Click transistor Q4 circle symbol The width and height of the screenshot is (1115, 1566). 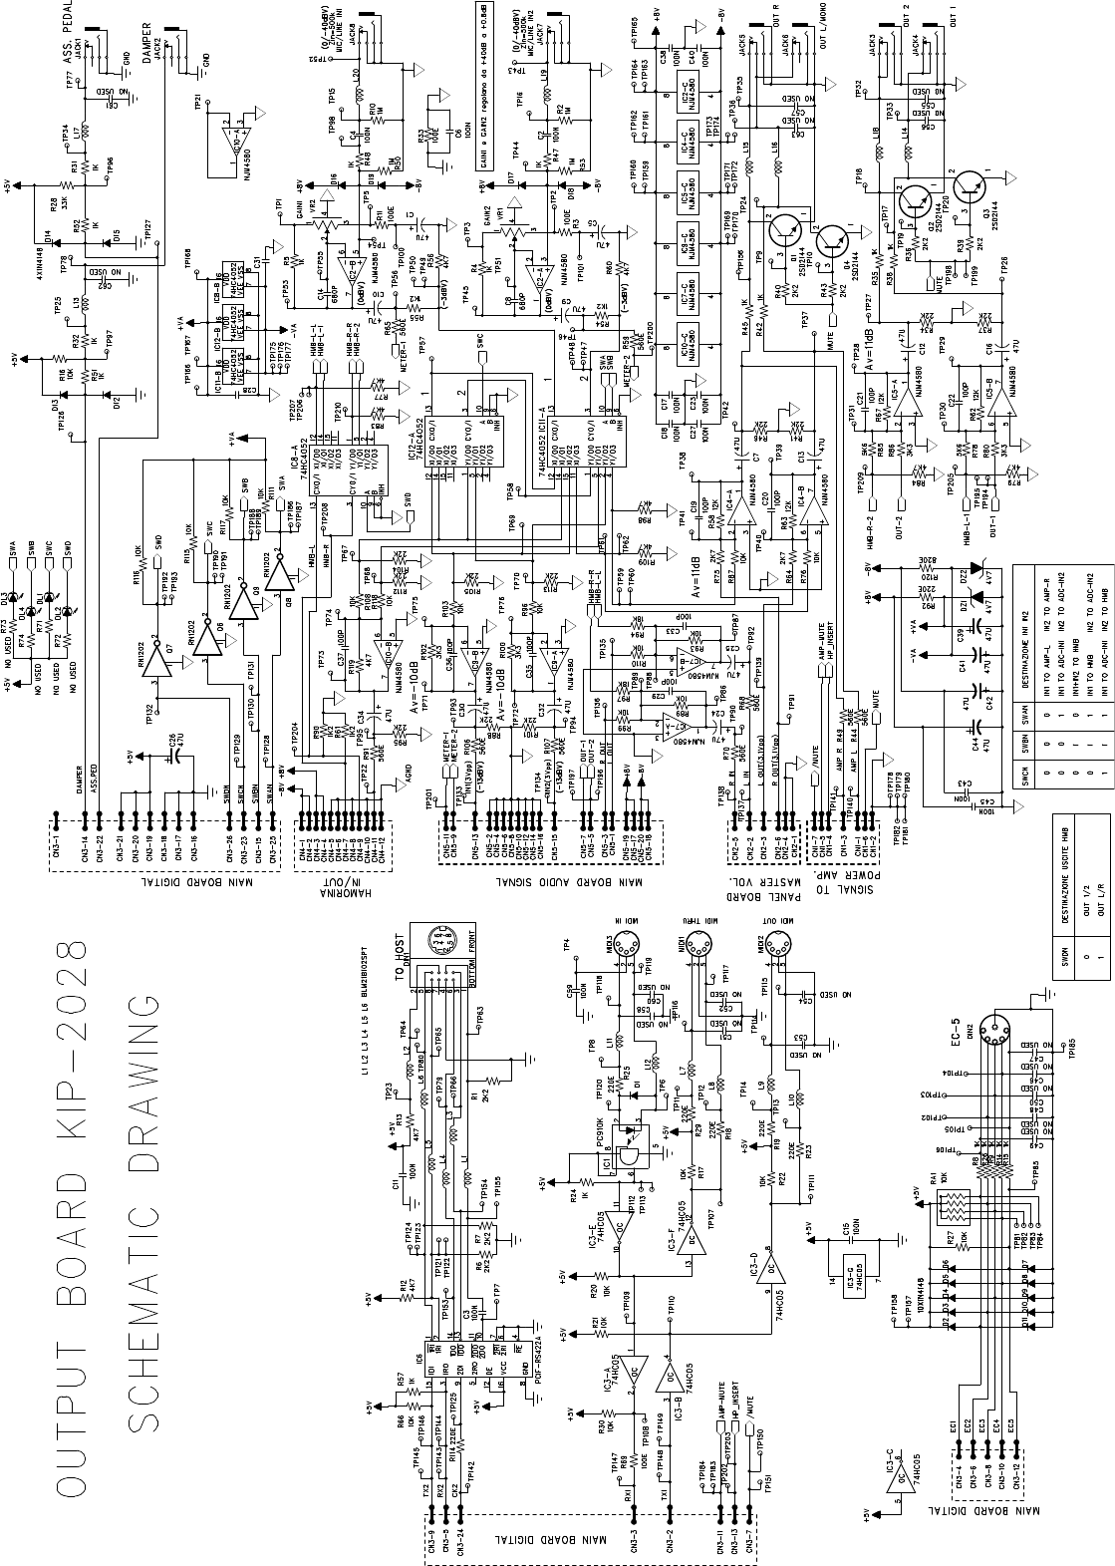coord(832,239)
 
